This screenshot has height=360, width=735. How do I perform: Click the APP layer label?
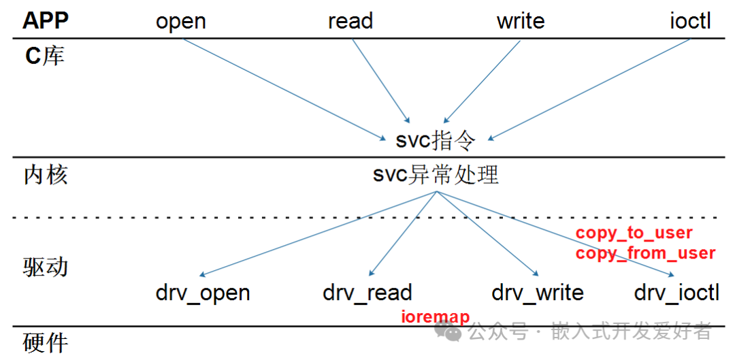pos(46,20)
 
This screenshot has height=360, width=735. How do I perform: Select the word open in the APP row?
pos(181,21)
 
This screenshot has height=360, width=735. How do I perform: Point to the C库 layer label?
pos(45,55)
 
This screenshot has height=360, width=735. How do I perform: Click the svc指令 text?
pos(435,141)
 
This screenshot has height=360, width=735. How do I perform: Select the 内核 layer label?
pos(46,175)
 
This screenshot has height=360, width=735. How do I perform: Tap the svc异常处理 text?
pos(436,175)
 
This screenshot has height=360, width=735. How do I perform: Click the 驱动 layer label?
pos(46,266)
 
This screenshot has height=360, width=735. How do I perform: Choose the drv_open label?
pos(203,293)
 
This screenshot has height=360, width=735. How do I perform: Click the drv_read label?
pos(367,293)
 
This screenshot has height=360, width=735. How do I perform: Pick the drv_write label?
pos(538,293)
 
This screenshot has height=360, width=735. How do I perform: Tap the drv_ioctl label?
pos(676,293)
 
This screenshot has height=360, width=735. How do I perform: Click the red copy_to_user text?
pos(634,233)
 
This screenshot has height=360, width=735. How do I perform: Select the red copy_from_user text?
pos(645,253)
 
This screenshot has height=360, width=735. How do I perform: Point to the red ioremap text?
pos(436,317)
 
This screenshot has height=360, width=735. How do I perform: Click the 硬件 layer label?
pos(46,342)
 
